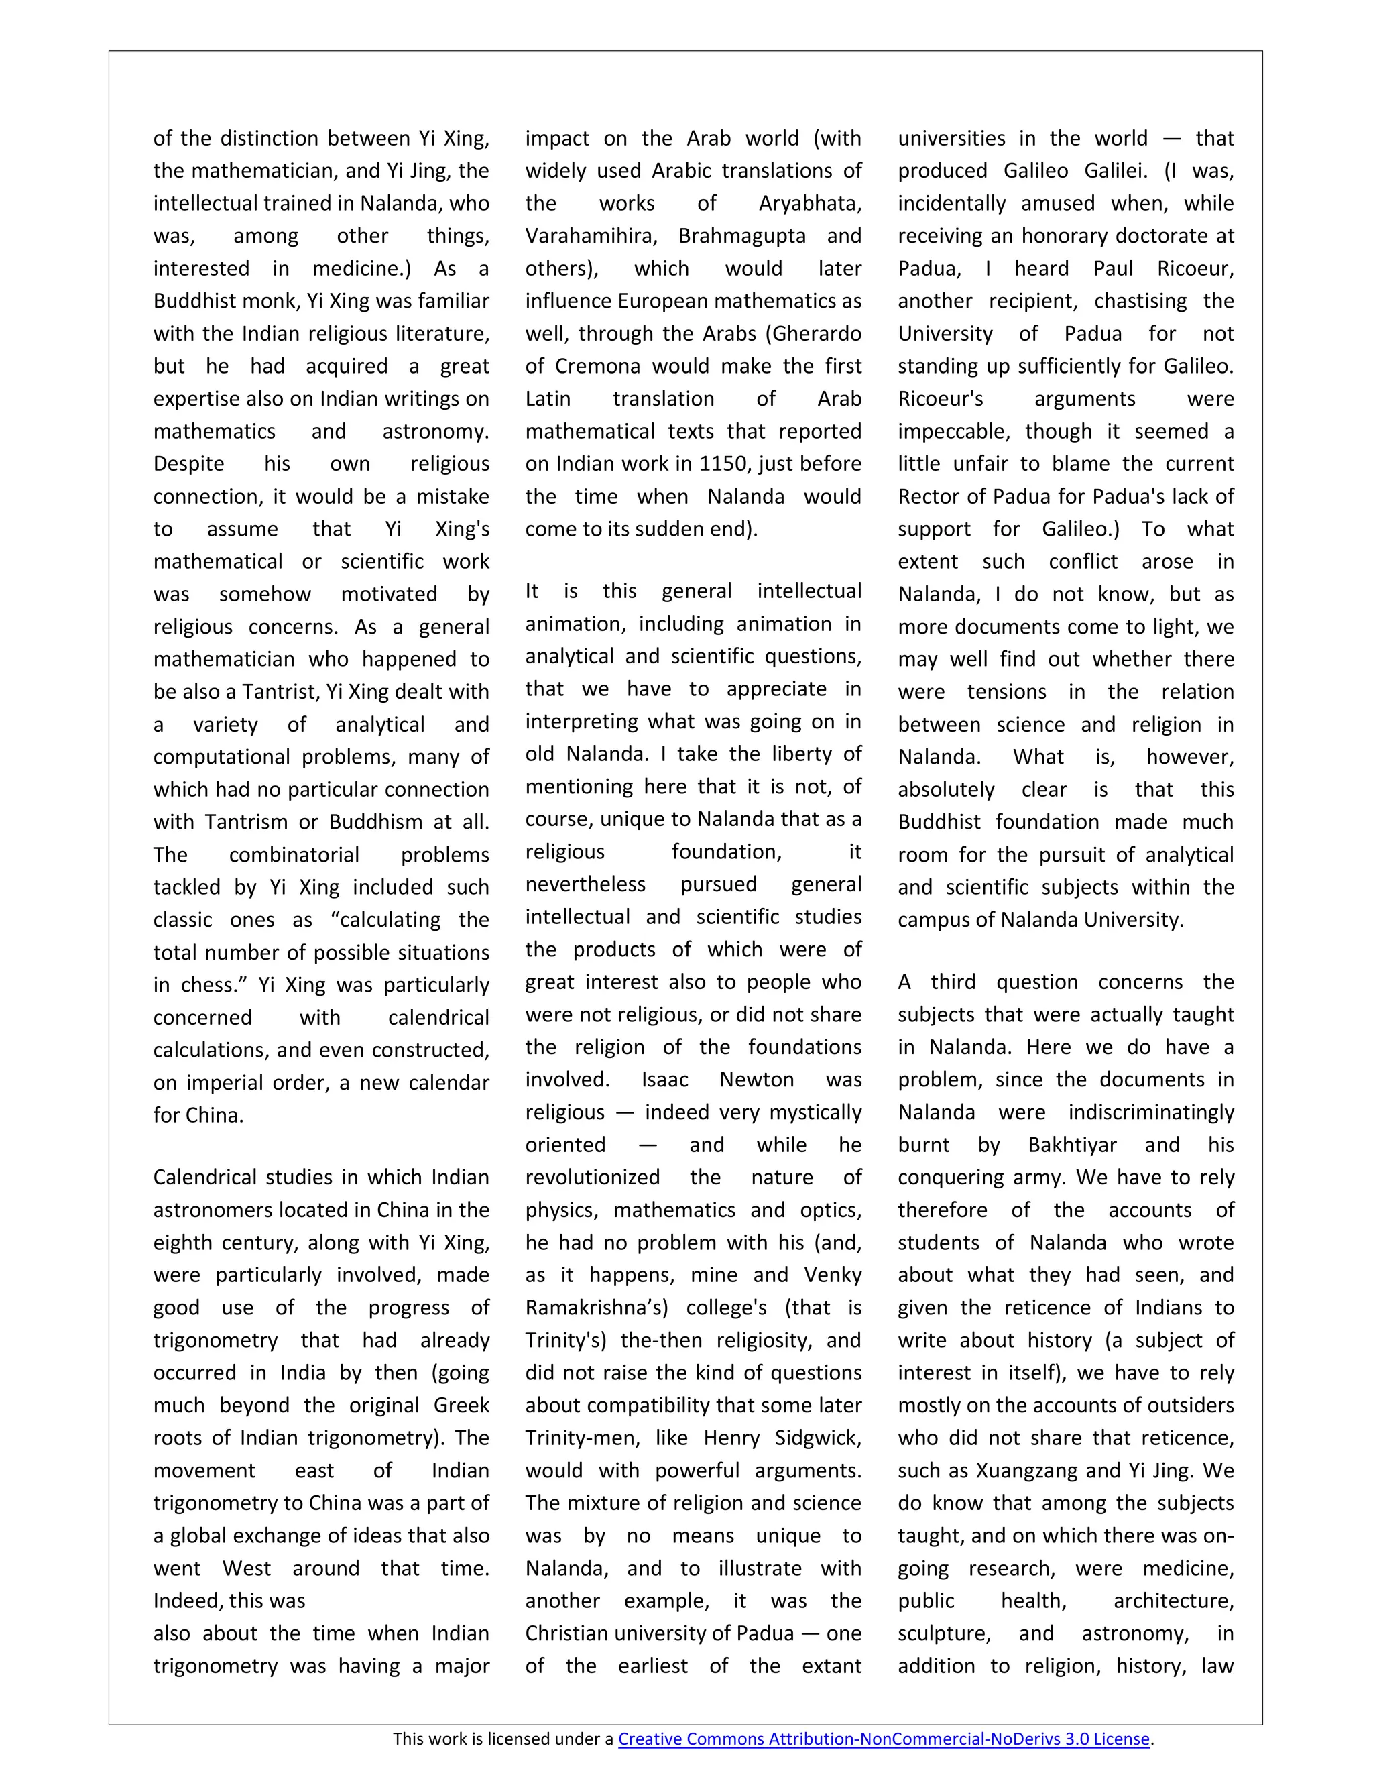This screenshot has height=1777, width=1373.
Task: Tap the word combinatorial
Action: click(294, 854)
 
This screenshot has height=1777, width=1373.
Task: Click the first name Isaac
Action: click(664, 1080)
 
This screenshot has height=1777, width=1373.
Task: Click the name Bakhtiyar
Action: click(1071, 1145)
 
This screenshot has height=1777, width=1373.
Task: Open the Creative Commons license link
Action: click(884, 1739)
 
